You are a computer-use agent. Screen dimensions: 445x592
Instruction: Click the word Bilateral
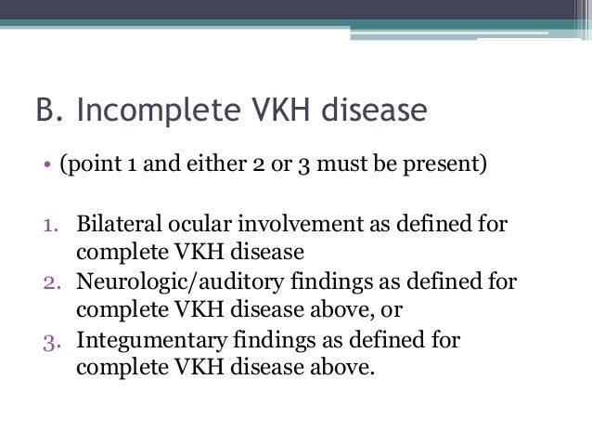point(114,226)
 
